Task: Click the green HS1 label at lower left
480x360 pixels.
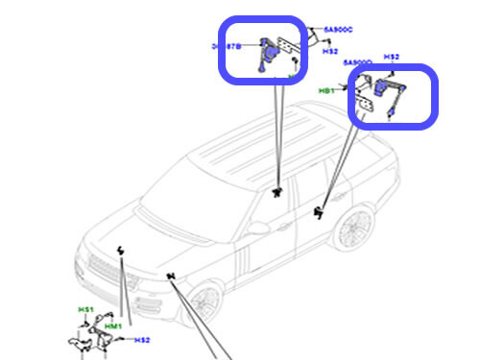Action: tap(85, 310)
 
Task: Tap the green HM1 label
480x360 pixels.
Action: tap(113, 327)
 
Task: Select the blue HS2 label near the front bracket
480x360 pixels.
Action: tap(142, 340)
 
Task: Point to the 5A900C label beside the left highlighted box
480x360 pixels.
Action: tap(340, 31)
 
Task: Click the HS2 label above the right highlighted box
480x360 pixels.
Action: tap(391, 58)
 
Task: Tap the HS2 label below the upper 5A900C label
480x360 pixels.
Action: tap(329, 51)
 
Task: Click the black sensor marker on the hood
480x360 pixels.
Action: tap(121, 252)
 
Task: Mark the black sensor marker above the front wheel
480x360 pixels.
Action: tap(171, 278)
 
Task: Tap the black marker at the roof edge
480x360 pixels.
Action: tap(277, 192)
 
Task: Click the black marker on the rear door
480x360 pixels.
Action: tap(319, 213)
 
